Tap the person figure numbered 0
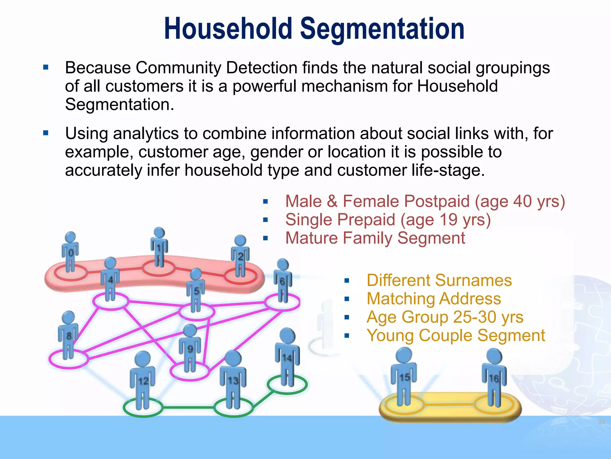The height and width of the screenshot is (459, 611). pyautogui.click(x=70, y=253)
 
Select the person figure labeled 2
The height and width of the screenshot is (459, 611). pyautogui.click(x=240, y=256)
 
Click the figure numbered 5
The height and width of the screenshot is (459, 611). pyautogui.click(x=196, y=290)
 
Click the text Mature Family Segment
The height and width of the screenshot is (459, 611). pyautogui.click(x=375, y=238)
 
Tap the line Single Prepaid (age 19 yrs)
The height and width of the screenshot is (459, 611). pyautogui.click(x=388, y=220)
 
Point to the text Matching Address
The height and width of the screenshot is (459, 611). pyautogui.click(x=434, y=299)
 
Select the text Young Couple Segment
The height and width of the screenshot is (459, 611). pyautogui.click(x=456, y=335)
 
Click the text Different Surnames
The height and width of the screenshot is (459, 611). pyautogui.click(x=439, y=280)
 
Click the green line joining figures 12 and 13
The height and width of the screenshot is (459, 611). pyautogui.click(x=188, y=407)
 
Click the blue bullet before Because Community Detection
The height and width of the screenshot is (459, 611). pyautogui.click(x=46, y=67)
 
